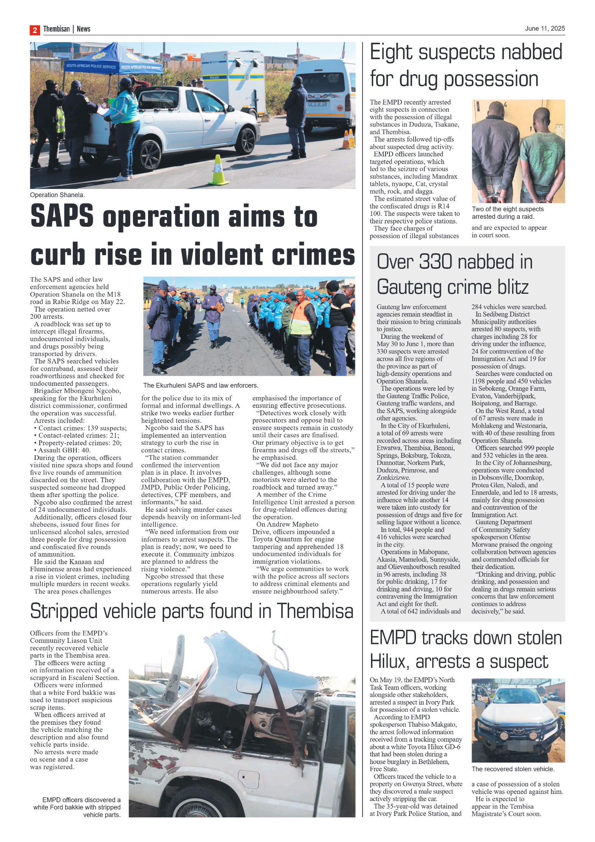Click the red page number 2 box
(x=34, y=30)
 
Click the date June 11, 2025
(x=544, y=28)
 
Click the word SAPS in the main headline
(x=62, y=216)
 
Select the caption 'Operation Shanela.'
(x=57, y=195)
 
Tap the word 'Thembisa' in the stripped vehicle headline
(x=315, y=611)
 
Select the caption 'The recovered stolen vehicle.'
(x=513, y=769)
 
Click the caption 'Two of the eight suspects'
(x=508, y=209)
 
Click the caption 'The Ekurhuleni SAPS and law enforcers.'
(x=201, y=385)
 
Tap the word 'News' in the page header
(x=83, y=29)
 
